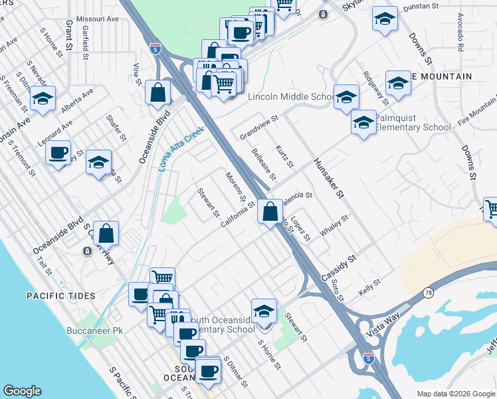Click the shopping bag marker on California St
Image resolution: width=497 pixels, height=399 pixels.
(x=270, y=213)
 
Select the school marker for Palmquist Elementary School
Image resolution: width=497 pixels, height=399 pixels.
(x=363, y=124)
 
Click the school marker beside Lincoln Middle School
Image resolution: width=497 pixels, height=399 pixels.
(x=346, y=98)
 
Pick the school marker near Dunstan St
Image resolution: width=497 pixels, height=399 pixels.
(x=384, y=19)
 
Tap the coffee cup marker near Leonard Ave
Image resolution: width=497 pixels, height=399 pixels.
(x=58, y=153)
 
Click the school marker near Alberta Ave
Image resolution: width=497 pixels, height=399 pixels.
(x=43, y=100)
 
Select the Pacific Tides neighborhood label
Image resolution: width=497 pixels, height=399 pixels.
(x=60, y=295)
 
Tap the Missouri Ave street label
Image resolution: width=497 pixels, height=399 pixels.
(x=98, y=19)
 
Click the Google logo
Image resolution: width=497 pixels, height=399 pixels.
(x=23, y=391)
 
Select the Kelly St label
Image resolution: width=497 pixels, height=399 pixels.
(x=369, y=287)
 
